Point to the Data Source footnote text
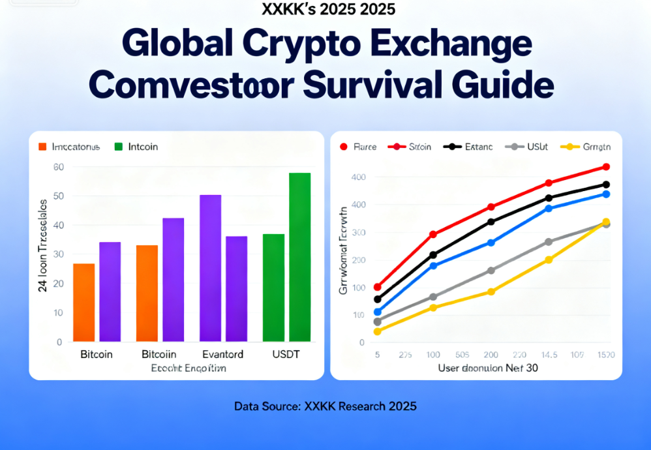325,406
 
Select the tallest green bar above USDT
299,257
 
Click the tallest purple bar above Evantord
210,268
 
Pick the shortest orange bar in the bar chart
84,302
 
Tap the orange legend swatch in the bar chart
43,147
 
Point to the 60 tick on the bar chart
58,167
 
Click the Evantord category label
222,355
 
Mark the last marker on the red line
606,167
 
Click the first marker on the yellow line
378,331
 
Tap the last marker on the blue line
606,194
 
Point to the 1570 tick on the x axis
605,355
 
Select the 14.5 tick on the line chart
549,355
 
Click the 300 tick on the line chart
358,232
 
